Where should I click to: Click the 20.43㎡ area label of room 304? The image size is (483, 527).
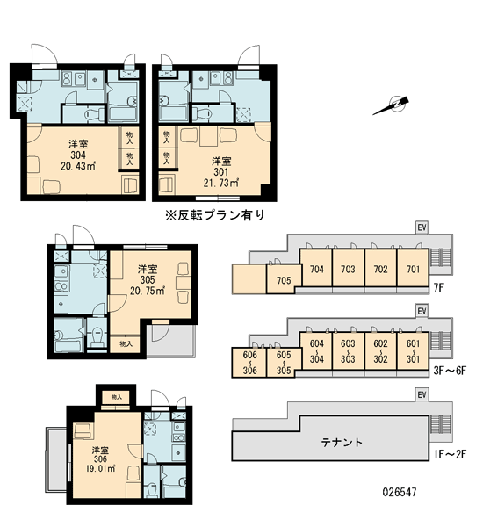(x=78, y=166)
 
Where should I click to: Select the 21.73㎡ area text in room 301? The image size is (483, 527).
(x=221, y=184)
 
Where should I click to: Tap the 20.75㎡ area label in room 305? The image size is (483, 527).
(x=148, y=291)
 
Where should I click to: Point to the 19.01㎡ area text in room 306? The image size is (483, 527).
(x=100, y=468)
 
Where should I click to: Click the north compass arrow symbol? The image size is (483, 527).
(x=392, y=105)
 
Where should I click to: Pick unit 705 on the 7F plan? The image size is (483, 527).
(x=284, y=279)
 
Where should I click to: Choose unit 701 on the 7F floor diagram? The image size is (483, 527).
(x=413, y=269)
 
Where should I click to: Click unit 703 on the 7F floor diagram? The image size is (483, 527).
(x=348, y=269)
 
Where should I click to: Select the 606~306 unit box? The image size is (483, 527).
(x=249, y=362)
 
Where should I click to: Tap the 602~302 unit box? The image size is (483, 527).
(x=380, y=351)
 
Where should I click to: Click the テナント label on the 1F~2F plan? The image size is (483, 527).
(x=342, y=442)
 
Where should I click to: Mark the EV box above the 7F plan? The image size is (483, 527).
(x=422, y=227)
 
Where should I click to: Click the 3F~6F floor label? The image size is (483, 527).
(x=450, y=371)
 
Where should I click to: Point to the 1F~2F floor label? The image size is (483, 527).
(x=450, y=454)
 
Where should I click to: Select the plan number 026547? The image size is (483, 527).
(x=400, y=492)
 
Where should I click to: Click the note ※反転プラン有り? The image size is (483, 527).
(x=215, y=215)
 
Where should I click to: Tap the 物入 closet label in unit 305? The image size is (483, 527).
(x=126, y=344)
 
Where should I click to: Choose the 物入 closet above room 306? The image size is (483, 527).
(x=116, y=397)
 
